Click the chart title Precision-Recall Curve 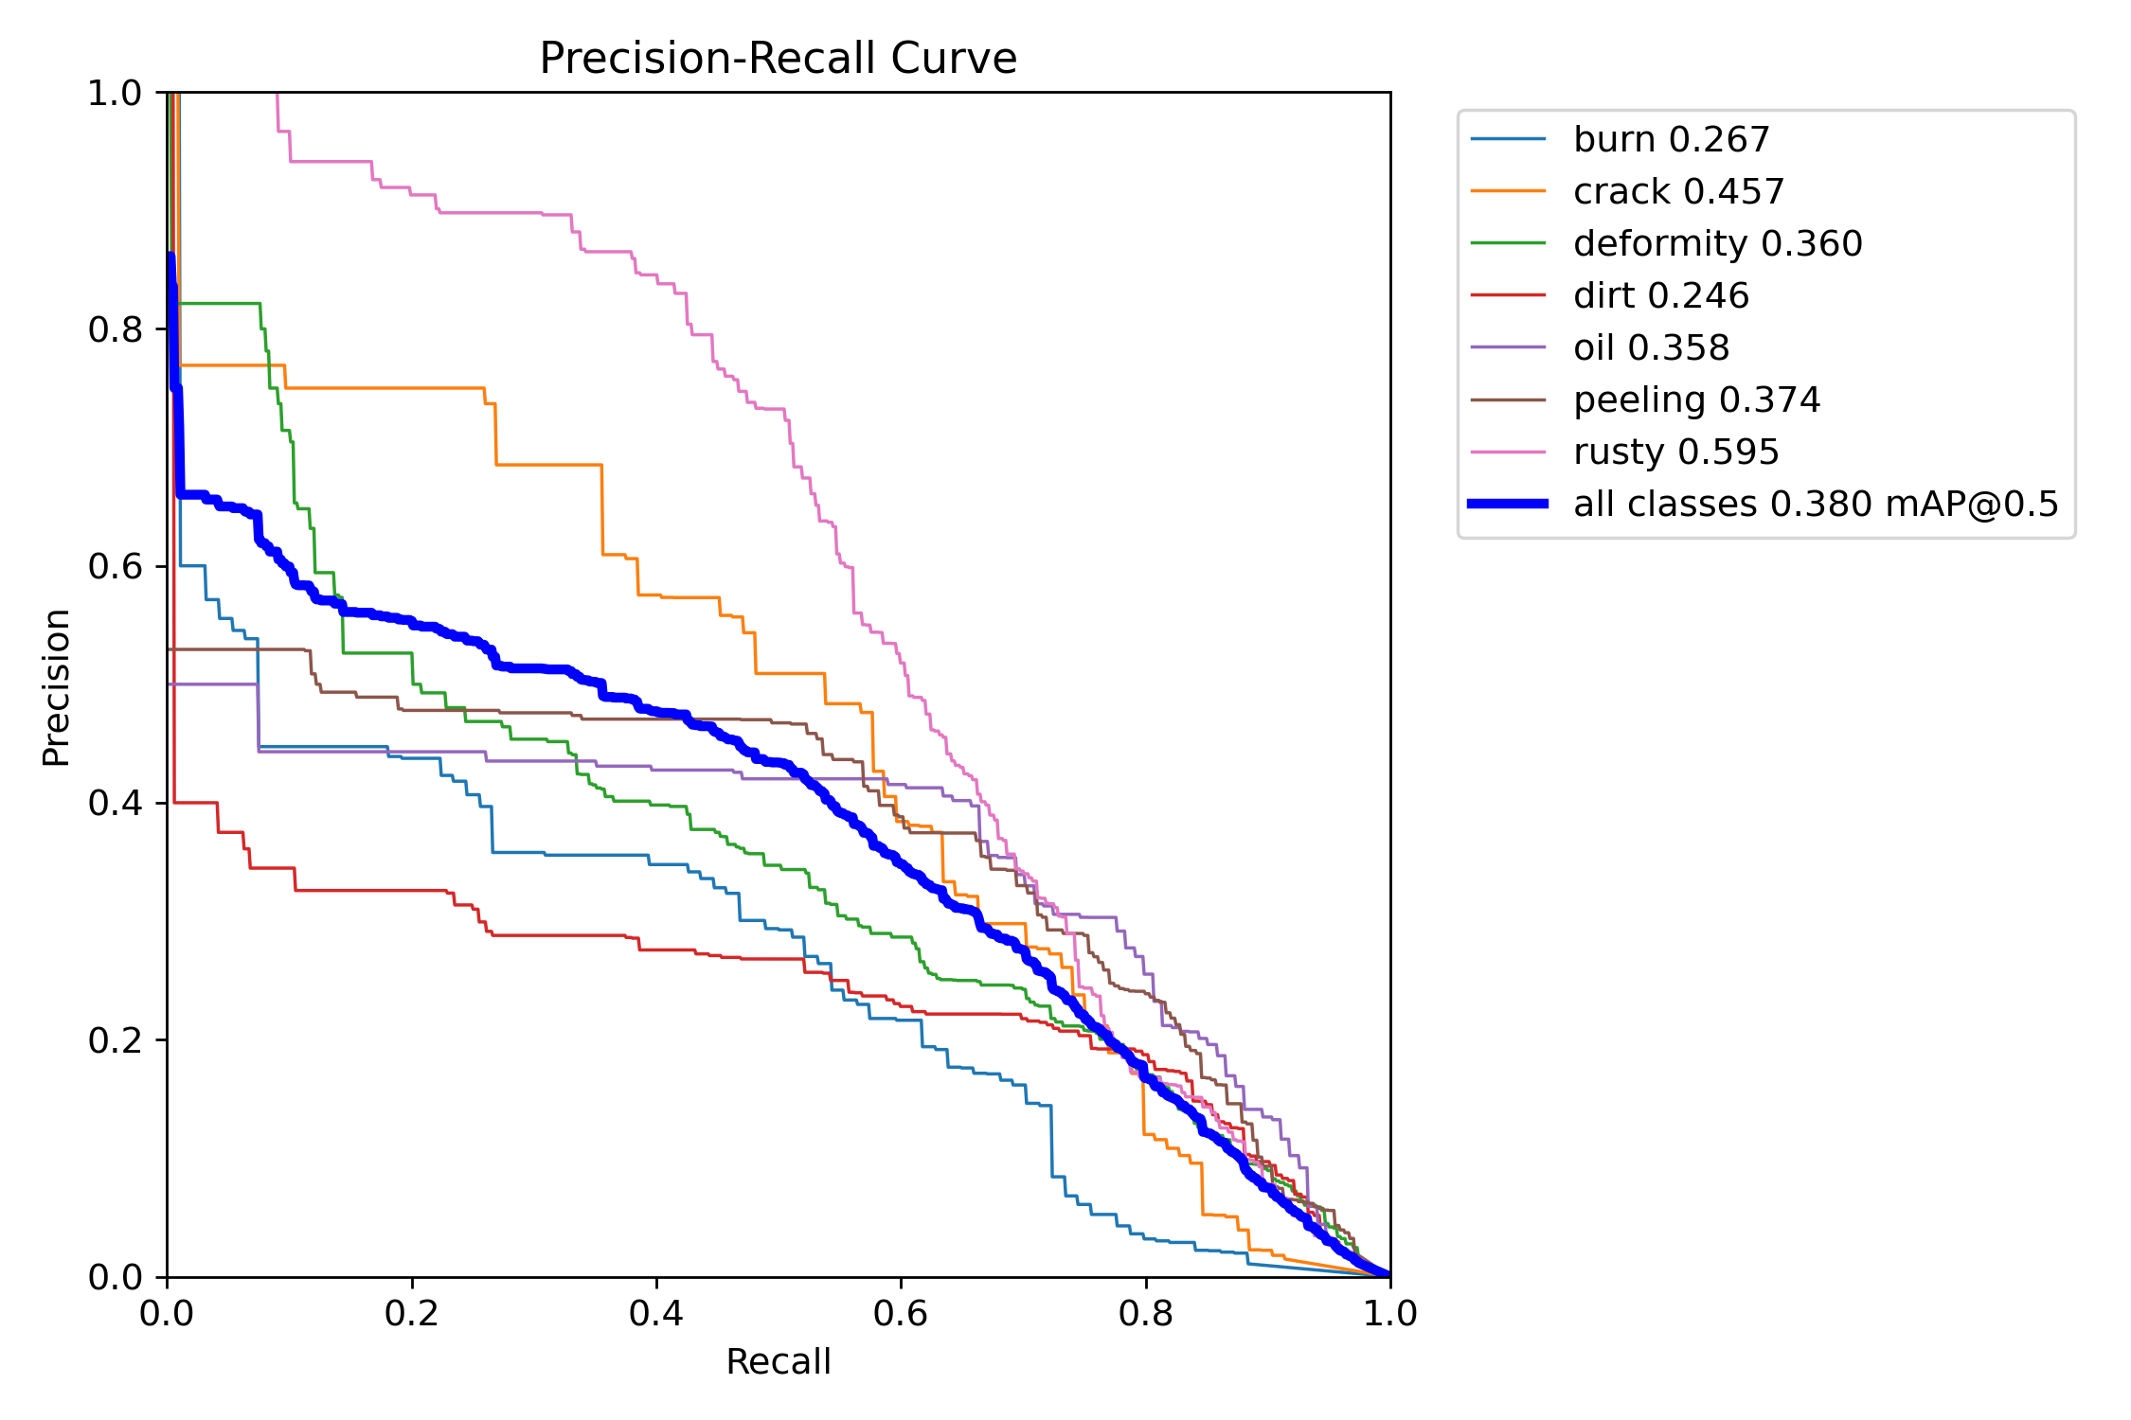click(x=778, y=59)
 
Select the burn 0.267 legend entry click(x=1671, y=140)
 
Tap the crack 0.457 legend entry click(x=1678, y=192)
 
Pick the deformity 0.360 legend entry click(x=1717, y=244)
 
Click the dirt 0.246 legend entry click(x=1660, y=296)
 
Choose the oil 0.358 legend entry click(x=1651, y=348)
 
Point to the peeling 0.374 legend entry click(x=1696, y=400)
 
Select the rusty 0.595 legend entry click(x=1675, y=453)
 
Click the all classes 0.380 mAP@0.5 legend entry click(x=1816, y=505)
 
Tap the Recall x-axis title click(x=778, y=1362)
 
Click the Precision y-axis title click(x=57, y=687)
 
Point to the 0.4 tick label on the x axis click(x=656, y=1314)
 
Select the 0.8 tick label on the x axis click(x=1146, y=1314)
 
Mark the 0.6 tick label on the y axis click(x=115, y=566)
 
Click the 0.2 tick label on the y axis click(x=115, y=1040)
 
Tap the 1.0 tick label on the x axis click(x=1389, y=1314)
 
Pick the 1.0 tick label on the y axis click(x=115, y=93)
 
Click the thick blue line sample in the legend click(x=1508, y=504)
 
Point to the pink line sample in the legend click(x=1508, y=452)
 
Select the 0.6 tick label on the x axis click(x=901, y=1314)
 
